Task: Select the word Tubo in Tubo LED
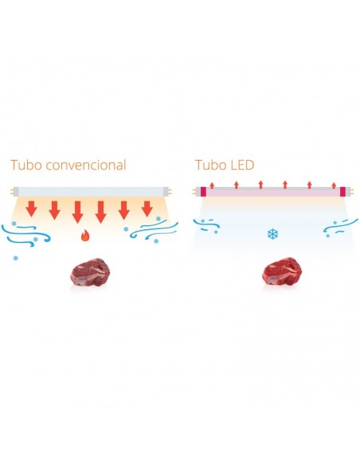coord(209,166)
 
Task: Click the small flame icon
coord(85,236)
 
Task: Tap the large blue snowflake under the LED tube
coord(272,235)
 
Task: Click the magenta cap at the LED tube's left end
coord(203,192)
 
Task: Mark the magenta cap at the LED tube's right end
coord(343,192)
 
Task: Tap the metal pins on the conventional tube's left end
coord(11,192)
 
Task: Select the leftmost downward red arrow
coord(30,209)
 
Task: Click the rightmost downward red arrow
coord(147,209)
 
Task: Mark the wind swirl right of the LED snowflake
coord(336,228)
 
